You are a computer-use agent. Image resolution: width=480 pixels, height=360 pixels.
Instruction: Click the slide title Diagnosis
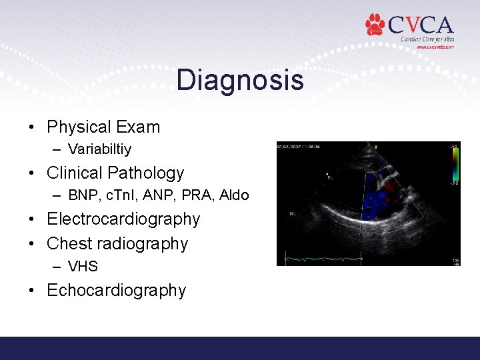240,81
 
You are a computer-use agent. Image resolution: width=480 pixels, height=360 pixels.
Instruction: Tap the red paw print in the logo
375,24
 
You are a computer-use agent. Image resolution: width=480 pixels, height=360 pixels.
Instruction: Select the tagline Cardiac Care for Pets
427,39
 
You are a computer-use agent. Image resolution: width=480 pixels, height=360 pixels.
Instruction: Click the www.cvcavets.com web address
435,47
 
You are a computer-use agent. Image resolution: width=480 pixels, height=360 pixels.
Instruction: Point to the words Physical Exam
103,127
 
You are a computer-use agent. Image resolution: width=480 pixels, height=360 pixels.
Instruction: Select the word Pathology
153,173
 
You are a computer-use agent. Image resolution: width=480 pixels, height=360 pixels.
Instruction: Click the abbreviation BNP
81,195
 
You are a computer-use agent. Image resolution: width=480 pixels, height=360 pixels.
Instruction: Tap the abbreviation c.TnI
121,195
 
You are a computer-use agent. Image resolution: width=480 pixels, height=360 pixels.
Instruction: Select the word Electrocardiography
123,219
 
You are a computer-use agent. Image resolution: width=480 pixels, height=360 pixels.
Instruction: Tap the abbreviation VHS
83,267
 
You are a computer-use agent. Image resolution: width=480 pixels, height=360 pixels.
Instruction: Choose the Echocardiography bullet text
117,290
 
